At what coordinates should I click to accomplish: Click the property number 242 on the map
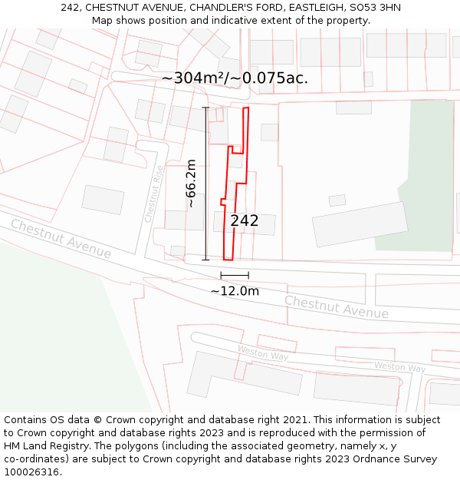tap(245, 221)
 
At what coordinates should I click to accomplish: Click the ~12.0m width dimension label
tap(235, 291)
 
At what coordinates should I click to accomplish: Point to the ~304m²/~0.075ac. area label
tap(235, 78)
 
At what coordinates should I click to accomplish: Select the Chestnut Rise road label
tap(154, 194)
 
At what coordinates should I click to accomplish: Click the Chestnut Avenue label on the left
tap(61, 239)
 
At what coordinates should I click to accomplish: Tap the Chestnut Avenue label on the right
tap(337, 306)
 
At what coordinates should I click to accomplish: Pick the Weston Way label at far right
tap(399, 367)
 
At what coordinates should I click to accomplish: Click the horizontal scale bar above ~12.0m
tap(235, 275)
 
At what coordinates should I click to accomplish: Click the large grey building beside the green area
tap(360, 223)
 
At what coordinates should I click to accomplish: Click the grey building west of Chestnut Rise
tap(103, 200)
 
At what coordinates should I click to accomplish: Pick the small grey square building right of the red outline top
tap(269, 132)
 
